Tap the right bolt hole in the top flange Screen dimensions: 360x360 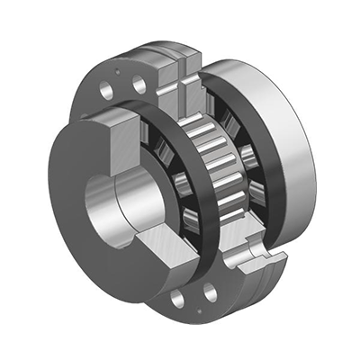(138, 84)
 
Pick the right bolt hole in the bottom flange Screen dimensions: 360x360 (209, 293)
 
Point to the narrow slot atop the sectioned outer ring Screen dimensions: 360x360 (184, 76)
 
